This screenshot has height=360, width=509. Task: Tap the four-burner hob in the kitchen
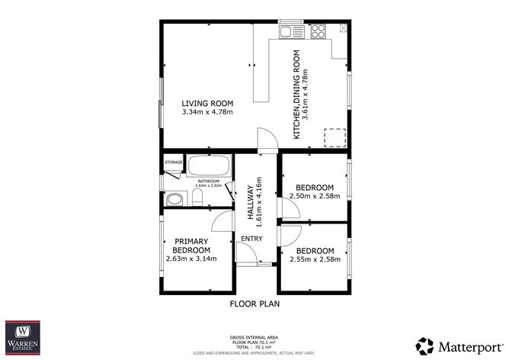[x=318, y=31]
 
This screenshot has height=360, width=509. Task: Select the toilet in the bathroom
[x=197, y=198]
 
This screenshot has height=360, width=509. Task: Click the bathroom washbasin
[x=174, y=199]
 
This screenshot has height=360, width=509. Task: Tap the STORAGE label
[x=174, y=162]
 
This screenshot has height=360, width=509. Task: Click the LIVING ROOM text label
[x=206, y=104]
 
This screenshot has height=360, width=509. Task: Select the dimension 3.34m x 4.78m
[x=206, y=113]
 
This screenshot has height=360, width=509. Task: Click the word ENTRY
[x=251, y=239]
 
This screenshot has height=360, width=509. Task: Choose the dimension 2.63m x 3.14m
[x=191, y=259]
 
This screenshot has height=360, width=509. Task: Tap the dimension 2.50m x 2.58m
[x=315, y=196]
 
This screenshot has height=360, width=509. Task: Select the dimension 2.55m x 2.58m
[x=315, y=259]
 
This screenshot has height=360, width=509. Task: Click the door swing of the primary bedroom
[x=221, y=222]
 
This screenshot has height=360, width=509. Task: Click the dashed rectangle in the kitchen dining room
[x=335, y=137]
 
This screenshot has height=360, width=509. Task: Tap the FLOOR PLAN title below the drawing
[x=254, y=304]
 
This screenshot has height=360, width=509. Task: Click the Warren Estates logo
[x=23, y=337]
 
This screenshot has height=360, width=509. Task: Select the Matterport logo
[x=459, y=345]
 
